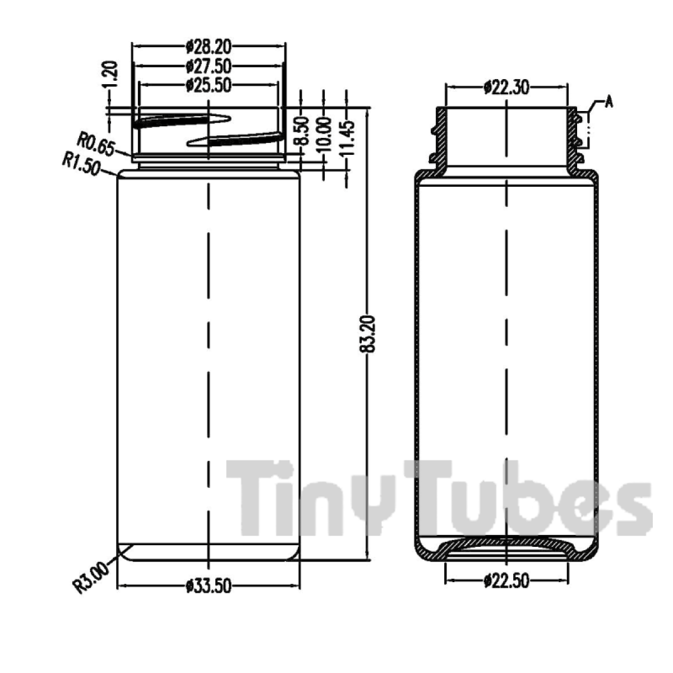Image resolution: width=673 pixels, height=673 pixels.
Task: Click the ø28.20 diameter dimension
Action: (x=209, y=47)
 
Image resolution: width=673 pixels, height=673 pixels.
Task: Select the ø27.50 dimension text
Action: (x=209, y=66)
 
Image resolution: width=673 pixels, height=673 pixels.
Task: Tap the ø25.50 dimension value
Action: (x=209, y=85)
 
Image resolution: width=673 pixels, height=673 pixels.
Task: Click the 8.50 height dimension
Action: (x=302, y=131)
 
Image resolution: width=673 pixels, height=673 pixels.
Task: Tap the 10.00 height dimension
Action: (x=325, y=135)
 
